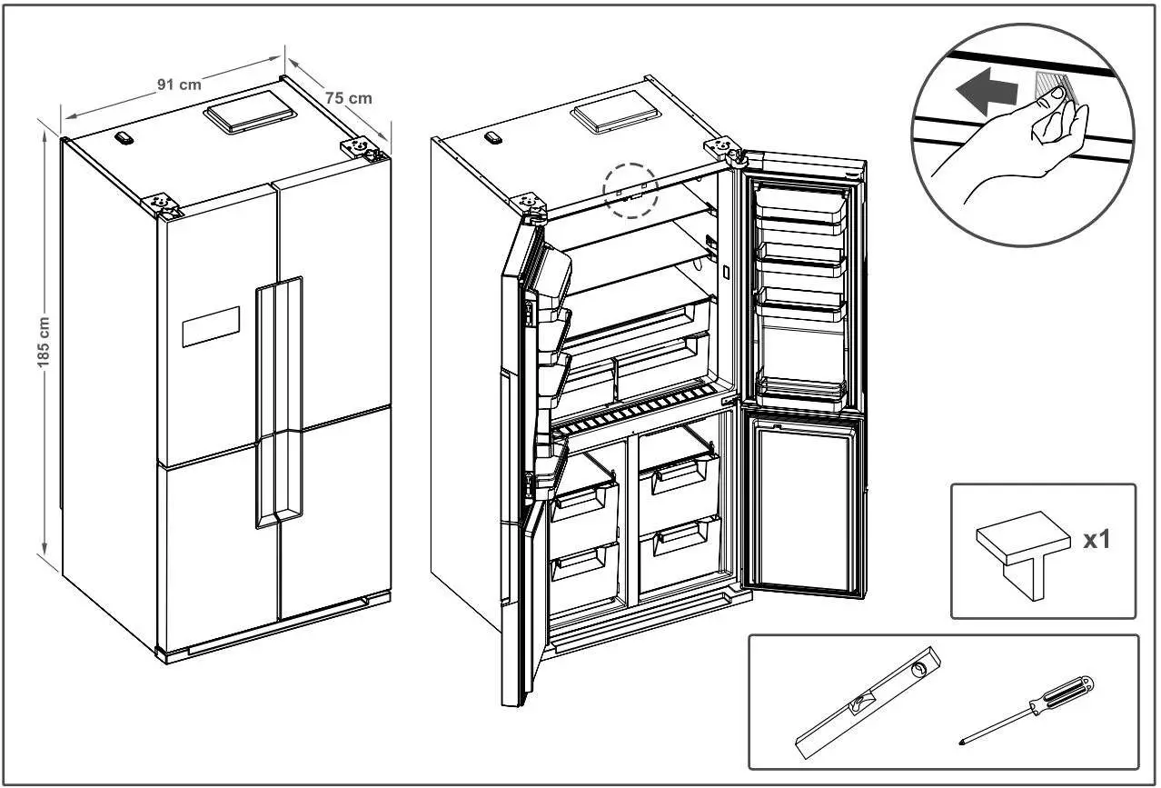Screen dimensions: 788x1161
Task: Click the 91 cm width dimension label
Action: coord(179,85)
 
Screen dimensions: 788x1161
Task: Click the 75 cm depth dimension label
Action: coord(349,97)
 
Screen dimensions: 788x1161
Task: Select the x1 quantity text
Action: coord(1096,540)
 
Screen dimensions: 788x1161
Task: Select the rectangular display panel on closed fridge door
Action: coord(211,327)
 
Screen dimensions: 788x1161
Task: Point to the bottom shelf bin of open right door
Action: coord(802,391)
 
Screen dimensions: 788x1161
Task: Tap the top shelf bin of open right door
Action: coord(802,205)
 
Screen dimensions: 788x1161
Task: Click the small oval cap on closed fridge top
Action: coord(125,137)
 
